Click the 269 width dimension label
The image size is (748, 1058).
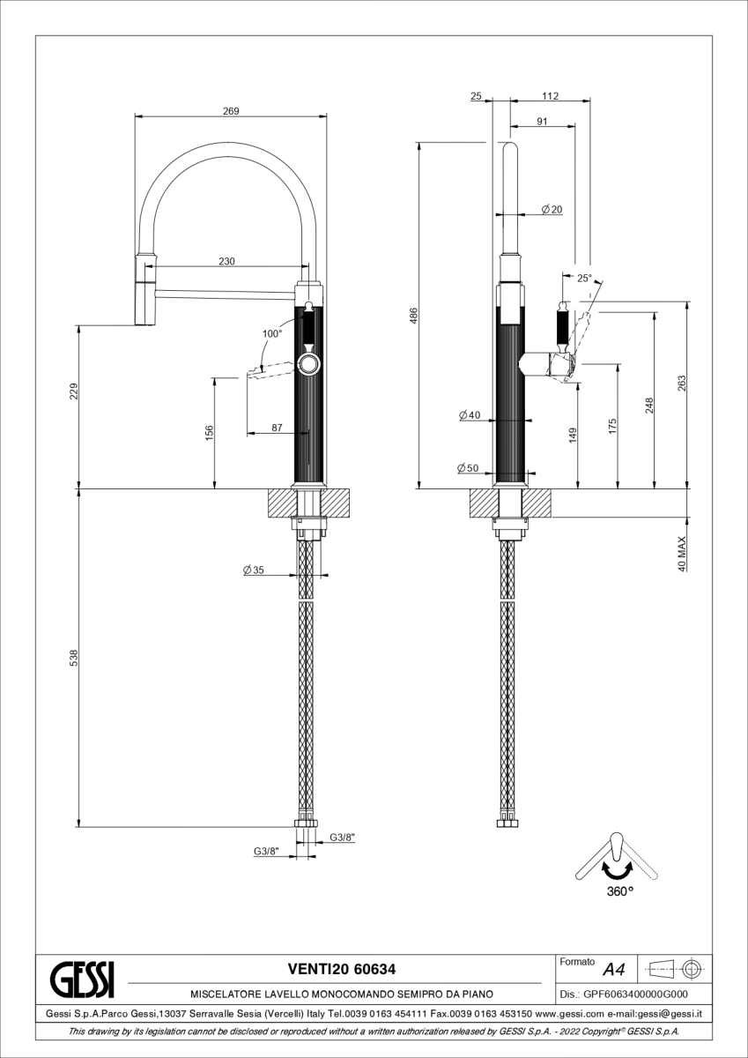tap(231, 111)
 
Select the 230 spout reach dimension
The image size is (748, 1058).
tap(226, 261)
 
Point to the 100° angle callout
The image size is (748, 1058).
tap(272, 333)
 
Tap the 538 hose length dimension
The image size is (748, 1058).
tap(74, 658)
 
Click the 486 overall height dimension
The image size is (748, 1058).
tap(413, 316)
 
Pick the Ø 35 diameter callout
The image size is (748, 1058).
tap(254, 570)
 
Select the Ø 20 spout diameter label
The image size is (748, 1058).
tap(552, 209)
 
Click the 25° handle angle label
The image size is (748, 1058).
tap(584, 279)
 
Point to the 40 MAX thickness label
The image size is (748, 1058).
tap(682, 554)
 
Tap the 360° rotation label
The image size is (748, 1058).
tap(620, 891)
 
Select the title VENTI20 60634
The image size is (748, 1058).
tap(342, 969)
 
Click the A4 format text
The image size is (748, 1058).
tap(614, 970)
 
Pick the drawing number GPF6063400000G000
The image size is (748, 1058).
tap(636, 994)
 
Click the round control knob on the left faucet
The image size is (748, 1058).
tap(309, 365)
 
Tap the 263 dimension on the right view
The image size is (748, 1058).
tap(682, 384)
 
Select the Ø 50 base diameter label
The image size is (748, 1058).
tap(468, 468)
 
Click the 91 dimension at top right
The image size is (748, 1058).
tap(542, 122)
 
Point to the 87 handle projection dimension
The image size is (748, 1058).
tap(277, 428)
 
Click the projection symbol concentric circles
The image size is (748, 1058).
tap(693, 970)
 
